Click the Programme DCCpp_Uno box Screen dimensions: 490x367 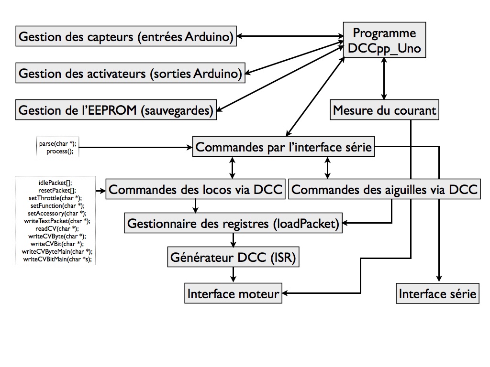(384, 40)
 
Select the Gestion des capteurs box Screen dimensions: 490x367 (126, 36)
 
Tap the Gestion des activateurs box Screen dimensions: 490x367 (130, 73)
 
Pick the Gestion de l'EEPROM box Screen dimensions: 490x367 (116, 110)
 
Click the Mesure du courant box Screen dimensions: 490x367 (384, 110)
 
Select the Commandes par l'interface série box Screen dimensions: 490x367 (283, 147)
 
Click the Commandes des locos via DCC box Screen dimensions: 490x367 (195, 189)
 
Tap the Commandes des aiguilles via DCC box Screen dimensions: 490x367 (384, 189)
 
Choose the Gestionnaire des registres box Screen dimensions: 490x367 (233, 223)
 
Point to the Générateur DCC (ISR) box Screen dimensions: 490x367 (233, 257)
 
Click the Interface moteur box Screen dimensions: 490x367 (233, 293)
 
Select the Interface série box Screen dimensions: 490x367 (437, 293)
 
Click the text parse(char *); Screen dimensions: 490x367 (58, 143)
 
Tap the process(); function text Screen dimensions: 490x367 (60, 151)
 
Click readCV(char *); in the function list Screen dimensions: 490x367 (57, 228)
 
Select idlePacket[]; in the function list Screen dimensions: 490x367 (56, 183)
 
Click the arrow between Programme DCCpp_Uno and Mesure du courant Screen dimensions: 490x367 (384, 79)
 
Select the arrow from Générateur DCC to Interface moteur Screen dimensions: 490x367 (233, 275)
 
